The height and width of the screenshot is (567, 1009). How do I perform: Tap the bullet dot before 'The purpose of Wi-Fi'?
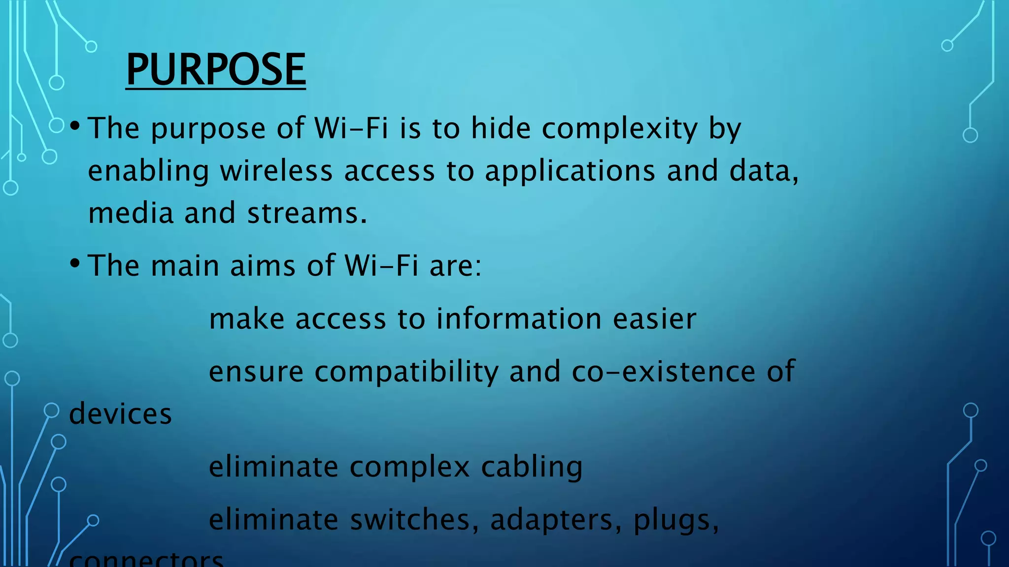(75, 126)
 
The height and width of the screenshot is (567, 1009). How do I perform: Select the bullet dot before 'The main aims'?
(75, 263)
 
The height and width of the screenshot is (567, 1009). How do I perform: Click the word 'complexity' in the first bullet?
(620, 129)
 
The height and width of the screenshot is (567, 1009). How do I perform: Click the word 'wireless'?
(276, 171)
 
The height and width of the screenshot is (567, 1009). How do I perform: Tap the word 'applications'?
(570, 172)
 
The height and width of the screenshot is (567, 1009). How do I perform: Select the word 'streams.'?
(307, 214)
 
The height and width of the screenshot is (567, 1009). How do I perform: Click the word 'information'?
(519, 318)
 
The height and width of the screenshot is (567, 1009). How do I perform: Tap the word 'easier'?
(655, 319)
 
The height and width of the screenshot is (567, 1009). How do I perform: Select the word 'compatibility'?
(406, 372)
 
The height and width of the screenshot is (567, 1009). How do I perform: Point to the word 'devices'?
(121, 413)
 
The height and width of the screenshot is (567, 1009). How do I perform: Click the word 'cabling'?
(532, 467)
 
